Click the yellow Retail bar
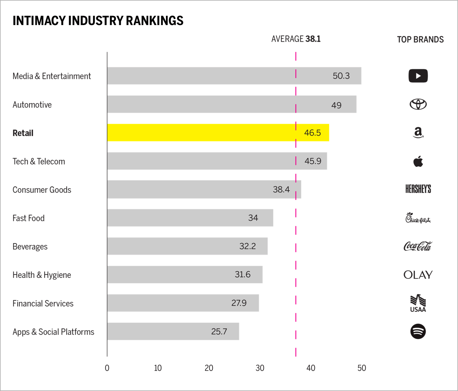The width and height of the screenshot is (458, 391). (218, 133)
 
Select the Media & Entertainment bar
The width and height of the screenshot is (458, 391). (234, 76)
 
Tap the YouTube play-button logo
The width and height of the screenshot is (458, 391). (418, 76)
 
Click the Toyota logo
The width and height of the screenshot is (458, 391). (418, 104)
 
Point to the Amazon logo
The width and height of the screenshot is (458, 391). (418, 133)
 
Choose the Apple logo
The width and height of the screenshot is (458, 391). (418, 161)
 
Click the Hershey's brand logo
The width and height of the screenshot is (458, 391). (418, 189)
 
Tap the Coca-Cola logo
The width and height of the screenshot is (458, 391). (418, 246)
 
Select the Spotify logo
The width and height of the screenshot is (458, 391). (418, 331)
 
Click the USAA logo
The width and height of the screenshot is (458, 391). (418, 303)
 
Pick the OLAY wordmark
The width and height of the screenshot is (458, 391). (418, 275)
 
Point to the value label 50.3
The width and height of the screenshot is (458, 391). (341, 76)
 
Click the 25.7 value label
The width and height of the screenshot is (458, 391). (219, 331)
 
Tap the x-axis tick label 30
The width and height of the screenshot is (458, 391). (260, 368)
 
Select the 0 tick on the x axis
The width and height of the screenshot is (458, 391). (107, 368)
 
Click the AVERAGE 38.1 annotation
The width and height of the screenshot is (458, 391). (296, 39)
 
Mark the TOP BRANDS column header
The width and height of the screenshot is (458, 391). (420, 39)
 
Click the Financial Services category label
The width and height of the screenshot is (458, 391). (43, 303)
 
